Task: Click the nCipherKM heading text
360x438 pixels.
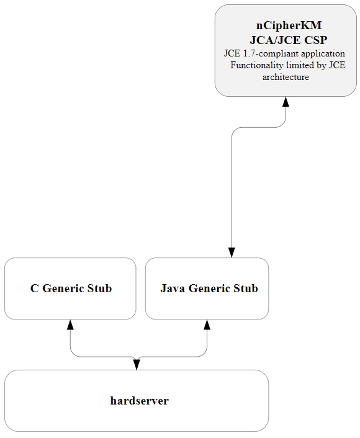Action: click(x=289, y=25)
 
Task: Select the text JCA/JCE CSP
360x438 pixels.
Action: click(x=289, y=39)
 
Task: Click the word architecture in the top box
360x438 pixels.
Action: click(x=286, y=78)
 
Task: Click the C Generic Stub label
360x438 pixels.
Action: click(x=71, y=288)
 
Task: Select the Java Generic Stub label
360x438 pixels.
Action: click(x=209, y=288)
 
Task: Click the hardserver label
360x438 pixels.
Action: click(x=139, y=401)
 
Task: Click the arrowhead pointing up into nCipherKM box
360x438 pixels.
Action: click(x=286, y=102)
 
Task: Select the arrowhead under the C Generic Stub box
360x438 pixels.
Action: click(x=70, y=325)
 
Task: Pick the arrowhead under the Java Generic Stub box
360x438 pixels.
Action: click(x=207, y=325)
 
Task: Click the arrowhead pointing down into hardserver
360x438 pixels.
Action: click(x=137, y=364)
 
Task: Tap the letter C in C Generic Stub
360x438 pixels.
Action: click(x=35, y=288)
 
